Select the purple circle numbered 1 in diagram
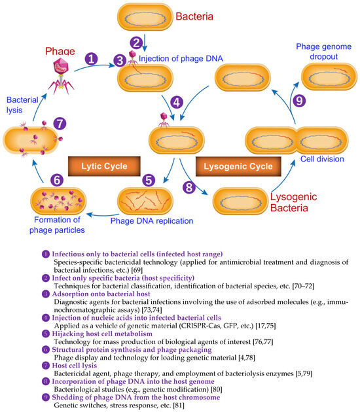[92, 58]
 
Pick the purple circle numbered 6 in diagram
[39, 179]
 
